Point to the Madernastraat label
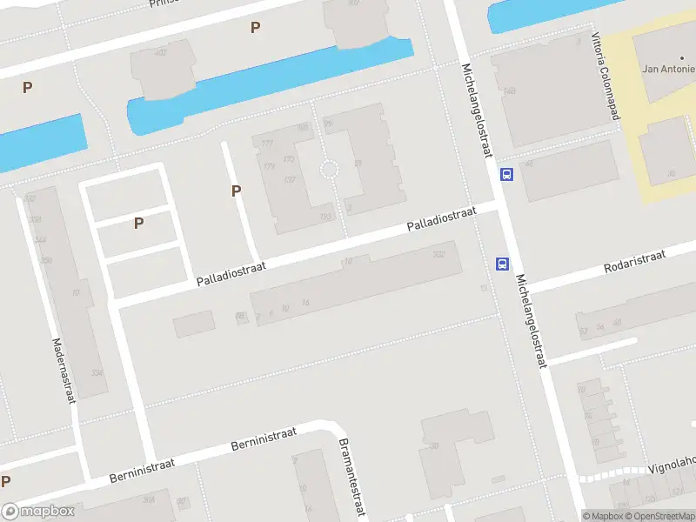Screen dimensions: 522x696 click(x=63, y=371)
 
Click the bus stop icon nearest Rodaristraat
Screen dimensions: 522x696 click(x=502, y=264)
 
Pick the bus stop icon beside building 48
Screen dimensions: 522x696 click(x=506, y=174)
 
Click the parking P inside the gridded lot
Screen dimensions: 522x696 click(x=138, y=224)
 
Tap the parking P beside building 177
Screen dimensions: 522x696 click(x=236, y=191)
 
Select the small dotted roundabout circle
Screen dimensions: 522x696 click(x=329, y=170)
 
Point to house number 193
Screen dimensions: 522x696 click(x=326, y=217)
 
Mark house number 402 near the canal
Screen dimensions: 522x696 click(x=160, y=53)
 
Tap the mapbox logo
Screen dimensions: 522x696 click(x=38, y=512)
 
